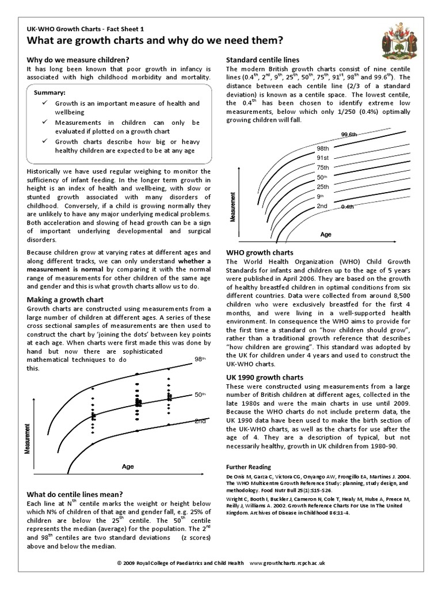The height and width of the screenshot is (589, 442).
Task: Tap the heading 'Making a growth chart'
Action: coord(66,300)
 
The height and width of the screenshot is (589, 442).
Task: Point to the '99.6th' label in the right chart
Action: coord(349,135)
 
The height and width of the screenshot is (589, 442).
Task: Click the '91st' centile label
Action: coord(322,158)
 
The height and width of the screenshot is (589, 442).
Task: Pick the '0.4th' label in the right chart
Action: coord(348,206)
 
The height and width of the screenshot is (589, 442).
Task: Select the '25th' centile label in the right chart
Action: coord(322,187)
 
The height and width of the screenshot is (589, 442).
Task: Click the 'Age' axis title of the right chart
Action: coord(326,235)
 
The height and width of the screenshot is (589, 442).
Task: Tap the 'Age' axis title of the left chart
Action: coord(127,467)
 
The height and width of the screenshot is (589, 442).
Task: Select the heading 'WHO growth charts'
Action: coord(260,253)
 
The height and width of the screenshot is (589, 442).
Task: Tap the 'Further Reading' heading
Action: coord(249,467)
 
